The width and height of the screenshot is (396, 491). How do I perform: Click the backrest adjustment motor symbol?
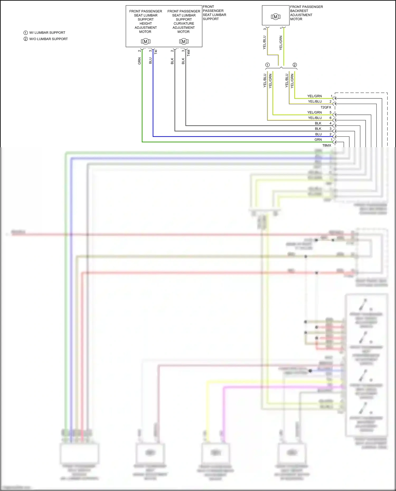point(276,17)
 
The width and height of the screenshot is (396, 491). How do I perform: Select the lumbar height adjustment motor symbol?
point(145,41)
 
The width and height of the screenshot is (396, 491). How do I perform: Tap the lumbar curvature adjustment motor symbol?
point(184,41)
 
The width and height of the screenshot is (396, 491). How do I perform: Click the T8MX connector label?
point(327,145)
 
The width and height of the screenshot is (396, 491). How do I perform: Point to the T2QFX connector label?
point(326,107)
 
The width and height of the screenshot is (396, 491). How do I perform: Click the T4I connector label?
point(156,52)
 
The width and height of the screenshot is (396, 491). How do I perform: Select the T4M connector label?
point(188,53)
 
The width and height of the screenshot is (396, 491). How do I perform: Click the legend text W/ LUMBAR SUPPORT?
point(47,33)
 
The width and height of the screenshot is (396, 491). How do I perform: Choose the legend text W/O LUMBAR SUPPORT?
point(48,39)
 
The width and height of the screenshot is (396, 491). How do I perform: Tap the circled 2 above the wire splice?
point(295,65)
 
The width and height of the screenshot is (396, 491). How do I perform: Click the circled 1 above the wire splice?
point(267,65)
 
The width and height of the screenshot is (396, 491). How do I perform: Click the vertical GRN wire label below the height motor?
point(139,61)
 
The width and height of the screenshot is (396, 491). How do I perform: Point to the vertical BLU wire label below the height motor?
point(150,61)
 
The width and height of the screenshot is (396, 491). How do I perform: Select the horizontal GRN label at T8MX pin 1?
point(318,140)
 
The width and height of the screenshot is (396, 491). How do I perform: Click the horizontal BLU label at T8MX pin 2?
point(318,134)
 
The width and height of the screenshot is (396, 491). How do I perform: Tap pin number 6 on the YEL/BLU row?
point(330,118)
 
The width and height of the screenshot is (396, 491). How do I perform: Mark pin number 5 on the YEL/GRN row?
point(330,112)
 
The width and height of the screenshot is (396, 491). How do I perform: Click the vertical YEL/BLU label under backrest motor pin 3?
point(265,42)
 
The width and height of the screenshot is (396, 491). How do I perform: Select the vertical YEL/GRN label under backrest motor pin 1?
point(281,43)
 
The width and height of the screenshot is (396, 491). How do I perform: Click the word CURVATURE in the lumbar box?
point(184,23)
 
